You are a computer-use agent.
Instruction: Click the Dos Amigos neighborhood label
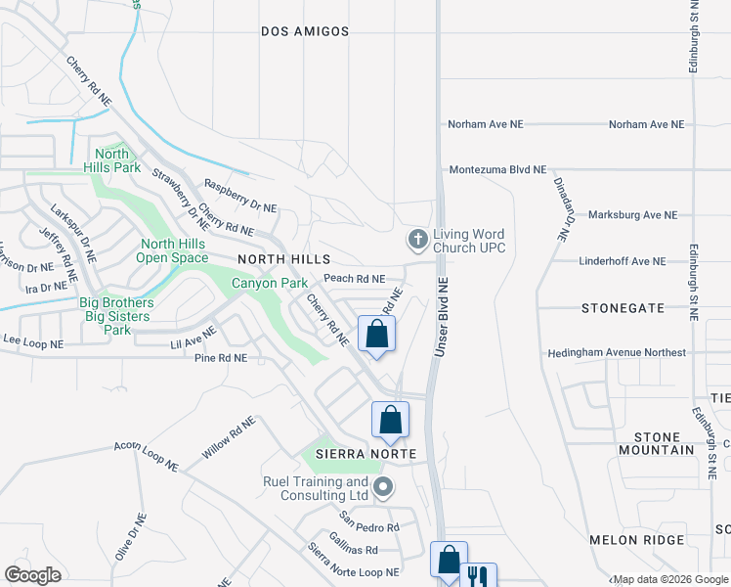click(305, 31)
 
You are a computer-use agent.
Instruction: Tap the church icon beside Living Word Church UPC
click(417, 239)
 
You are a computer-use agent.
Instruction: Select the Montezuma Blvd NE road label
click(497, 169)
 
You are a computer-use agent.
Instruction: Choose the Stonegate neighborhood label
click(623, 307)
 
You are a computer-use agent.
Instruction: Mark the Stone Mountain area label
click(656, 443)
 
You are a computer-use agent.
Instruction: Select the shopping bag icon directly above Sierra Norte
click(390, 420)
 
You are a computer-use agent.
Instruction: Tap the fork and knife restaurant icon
click(478, 576)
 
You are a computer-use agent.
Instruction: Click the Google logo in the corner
click(32, 574)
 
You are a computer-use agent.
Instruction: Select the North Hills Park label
click(111, 160)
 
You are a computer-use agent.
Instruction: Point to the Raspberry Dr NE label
click(239, 196)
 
